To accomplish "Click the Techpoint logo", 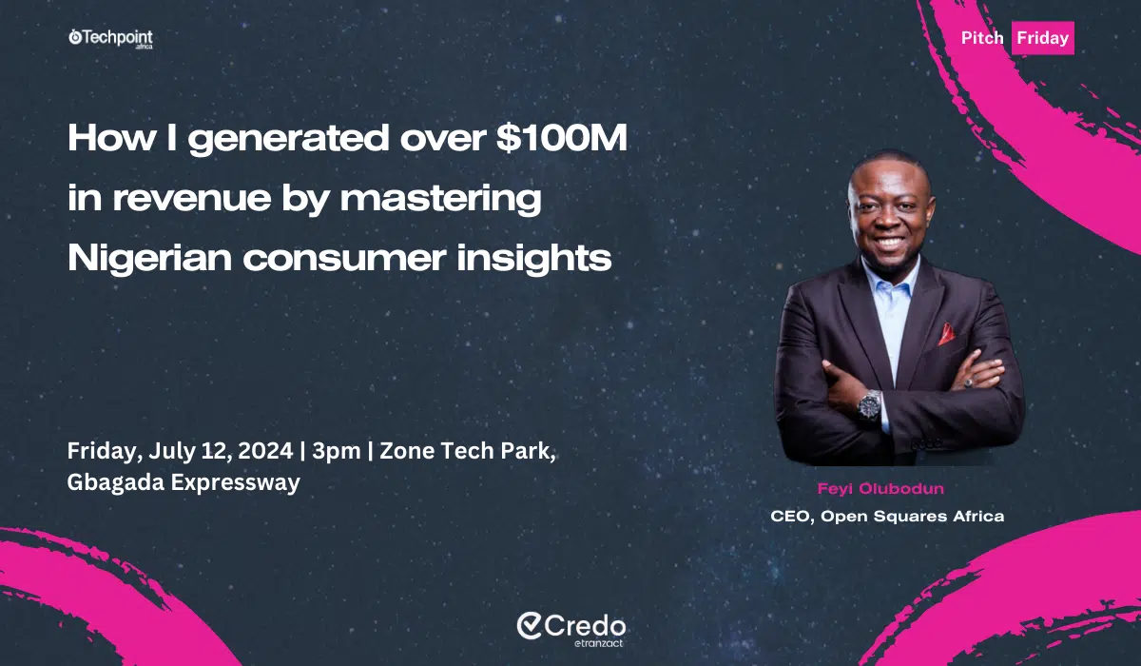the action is pos(110,39).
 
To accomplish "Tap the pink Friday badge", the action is pos(1043,38).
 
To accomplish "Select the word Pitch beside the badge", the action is pos(982,38).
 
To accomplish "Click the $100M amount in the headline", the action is pos(562,138).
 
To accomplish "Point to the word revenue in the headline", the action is pos(192,198).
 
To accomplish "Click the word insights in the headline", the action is pos(533,259).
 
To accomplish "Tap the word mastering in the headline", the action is pos(440,200).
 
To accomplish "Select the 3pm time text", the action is pos(337,452).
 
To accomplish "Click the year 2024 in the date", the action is pos(265,450).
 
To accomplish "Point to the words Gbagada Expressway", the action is pos(184,482).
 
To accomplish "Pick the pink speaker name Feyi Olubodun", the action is pos(880,489).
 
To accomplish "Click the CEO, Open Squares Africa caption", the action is pos(887,517).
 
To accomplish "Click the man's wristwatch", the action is pos(869,406).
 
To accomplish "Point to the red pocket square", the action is pos(946,334).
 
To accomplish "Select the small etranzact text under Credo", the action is pos(598,643).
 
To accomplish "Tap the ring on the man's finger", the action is pos(967,382).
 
